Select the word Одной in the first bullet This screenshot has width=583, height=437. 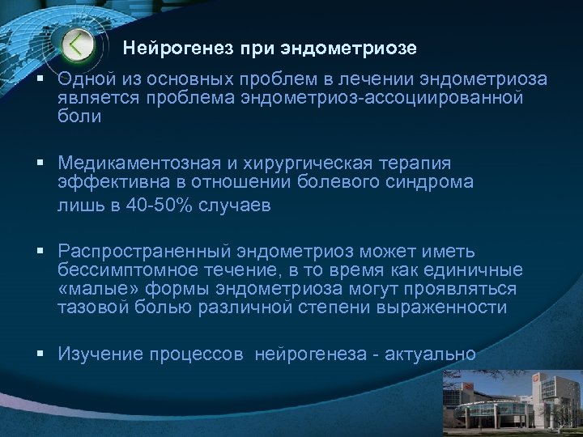coord(86,81)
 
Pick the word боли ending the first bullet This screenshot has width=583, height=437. coord(79,117)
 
